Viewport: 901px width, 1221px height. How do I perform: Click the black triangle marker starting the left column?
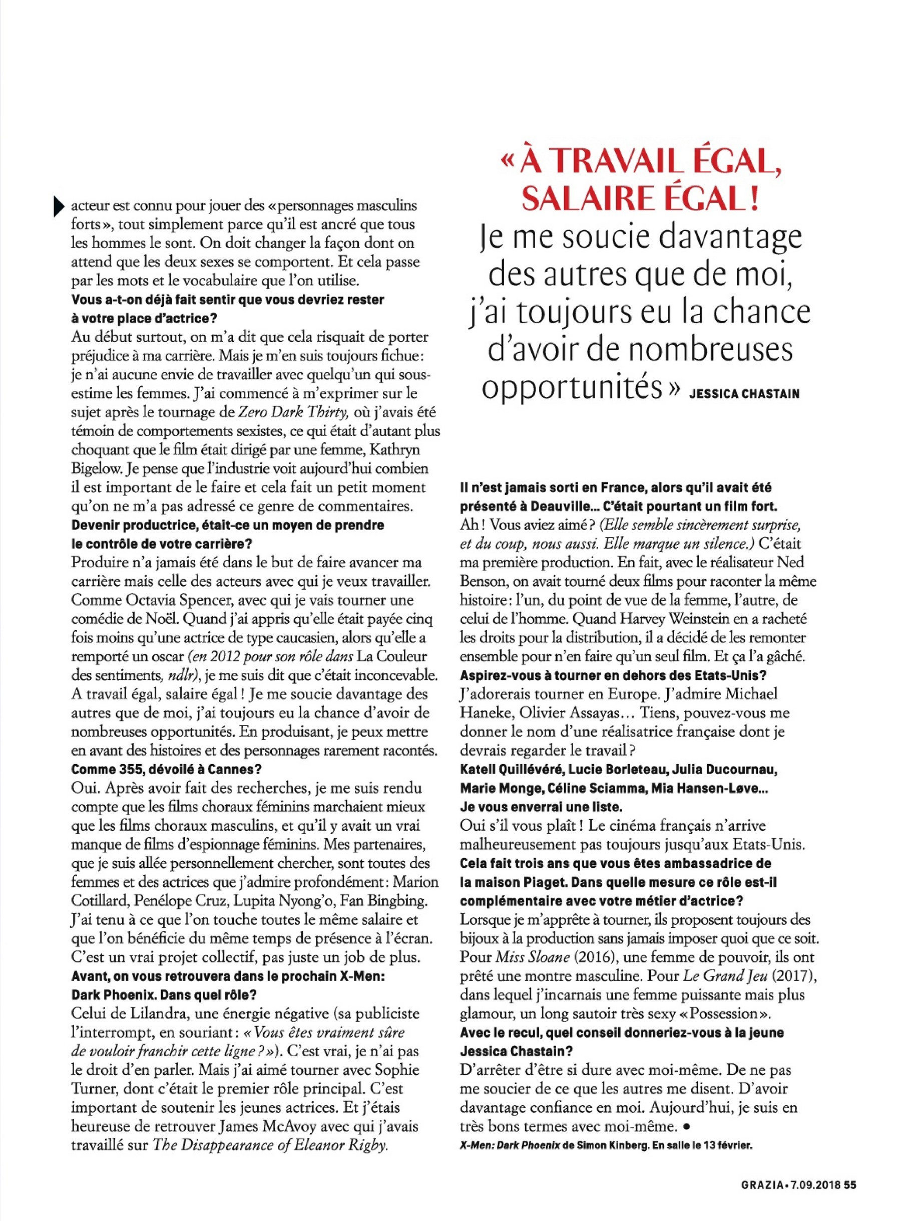tap(59, 207)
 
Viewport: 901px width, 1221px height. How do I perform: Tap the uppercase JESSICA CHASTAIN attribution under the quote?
tap(744, 393)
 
